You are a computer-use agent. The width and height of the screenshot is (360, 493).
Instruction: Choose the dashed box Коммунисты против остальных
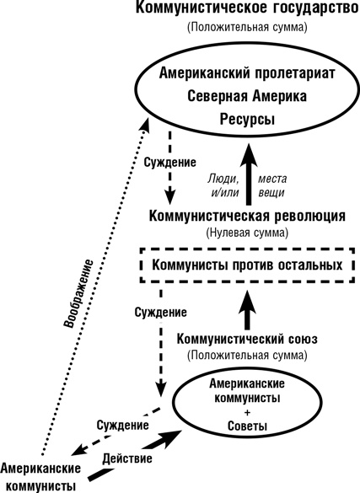tap(247, 265)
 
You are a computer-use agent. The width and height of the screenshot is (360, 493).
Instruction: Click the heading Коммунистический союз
tap(247, 339)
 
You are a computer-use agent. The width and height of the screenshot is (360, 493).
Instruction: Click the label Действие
tap(127, 460)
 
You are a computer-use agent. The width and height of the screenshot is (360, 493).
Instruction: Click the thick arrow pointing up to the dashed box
tap(248, 308)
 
